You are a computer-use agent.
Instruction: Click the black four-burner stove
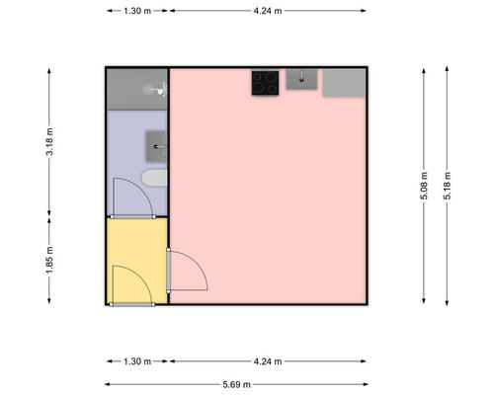pos(265,83)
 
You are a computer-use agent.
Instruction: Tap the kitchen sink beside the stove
pos(301,79)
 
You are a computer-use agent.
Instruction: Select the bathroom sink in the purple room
pos(156,146)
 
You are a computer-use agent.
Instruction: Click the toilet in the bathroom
pos(154,178)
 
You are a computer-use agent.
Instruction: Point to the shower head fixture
pos(156,89)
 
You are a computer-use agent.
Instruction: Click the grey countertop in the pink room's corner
pos(344,83)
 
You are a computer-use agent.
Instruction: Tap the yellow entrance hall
pos(137,260)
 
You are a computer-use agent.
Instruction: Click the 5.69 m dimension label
pos(236,384)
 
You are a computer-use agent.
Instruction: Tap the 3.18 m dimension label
pos(49,146)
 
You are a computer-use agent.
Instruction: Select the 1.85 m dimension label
pos(49,260)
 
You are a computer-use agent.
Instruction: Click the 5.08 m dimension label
pos(424,186)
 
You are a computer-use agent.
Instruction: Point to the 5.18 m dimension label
pos(447,186)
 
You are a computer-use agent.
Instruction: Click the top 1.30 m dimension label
pos(137,11)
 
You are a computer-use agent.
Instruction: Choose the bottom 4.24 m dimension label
pos(268,361)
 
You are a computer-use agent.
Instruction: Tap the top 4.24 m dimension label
pos(268,11)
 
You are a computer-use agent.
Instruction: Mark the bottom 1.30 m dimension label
pos(137,361)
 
